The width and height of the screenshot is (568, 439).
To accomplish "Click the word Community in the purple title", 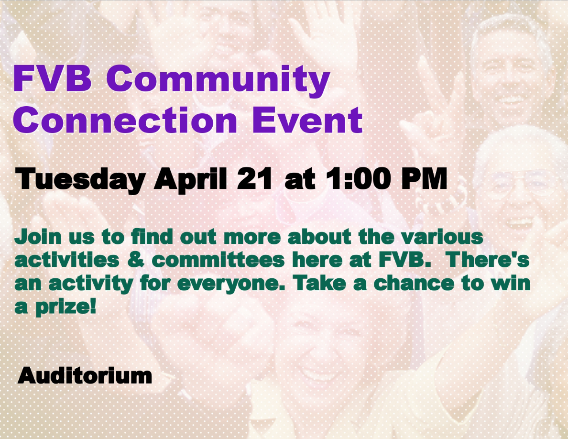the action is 218,80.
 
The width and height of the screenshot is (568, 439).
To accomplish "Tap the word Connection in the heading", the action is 125,120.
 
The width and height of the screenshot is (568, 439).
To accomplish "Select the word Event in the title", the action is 307,120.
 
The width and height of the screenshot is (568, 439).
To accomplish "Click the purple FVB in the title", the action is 52,78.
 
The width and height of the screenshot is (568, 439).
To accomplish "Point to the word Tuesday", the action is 80,179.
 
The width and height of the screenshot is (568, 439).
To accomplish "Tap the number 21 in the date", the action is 254,178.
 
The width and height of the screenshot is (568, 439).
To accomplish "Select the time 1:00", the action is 358,178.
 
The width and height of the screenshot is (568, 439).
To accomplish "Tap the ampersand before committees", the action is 136,260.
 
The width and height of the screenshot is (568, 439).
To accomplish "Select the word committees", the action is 218,260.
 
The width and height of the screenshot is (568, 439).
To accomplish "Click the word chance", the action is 414,283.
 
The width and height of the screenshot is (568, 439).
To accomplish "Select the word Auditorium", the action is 85,375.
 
